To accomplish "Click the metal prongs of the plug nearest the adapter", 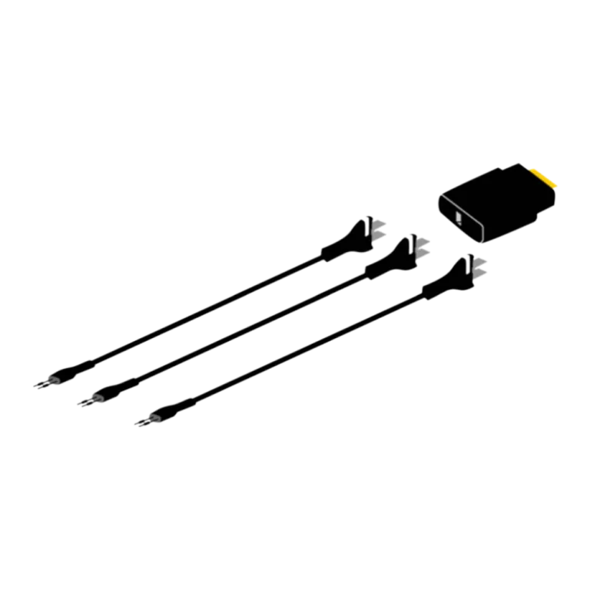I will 479,268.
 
